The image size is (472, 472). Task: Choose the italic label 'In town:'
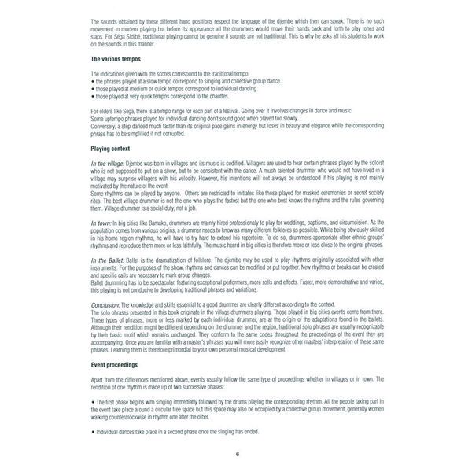(103, 223)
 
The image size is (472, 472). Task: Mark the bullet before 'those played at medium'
(93, 88)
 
